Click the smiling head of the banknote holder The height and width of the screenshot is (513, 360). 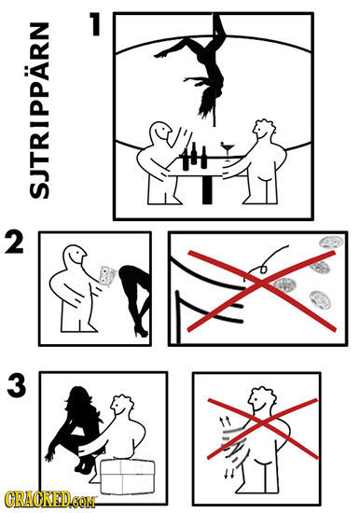click(69, 256)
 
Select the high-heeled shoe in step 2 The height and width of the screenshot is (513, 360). click(140, 328)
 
